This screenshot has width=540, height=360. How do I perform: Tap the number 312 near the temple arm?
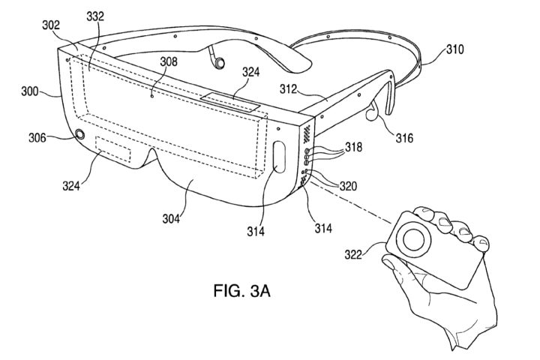(290, 89)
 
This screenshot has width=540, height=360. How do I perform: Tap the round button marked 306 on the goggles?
(79, 136)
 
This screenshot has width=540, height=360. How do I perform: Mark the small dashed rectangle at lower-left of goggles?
(115, 153)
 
